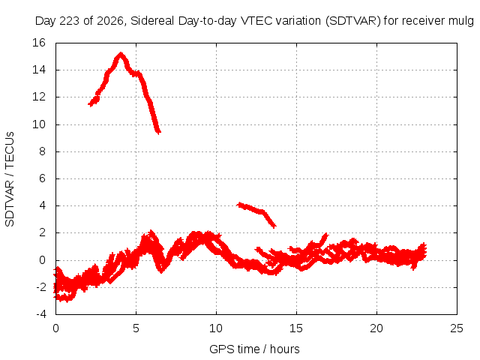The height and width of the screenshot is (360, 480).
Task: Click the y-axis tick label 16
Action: (39, 43)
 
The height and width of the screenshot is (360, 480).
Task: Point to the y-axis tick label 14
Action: (39, 70)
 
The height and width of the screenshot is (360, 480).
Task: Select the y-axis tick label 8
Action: (42, 151)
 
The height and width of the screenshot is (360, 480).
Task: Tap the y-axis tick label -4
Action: (40, 314)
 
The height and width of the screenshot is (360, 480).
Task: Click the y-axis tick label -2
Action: (40, 287)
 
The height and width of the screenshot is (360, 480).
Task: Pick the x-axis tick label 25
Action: (457, 328)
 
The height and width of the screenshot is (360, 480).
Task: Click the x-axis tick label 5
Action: (136, 328)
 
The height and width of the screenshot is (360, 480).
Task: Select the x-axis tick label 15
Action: (296, 328)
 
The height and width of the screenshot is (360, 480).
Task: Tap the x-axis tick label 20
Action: (376, 328)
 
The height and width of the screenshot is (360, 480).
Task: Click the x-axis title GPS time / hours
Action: (254, 349)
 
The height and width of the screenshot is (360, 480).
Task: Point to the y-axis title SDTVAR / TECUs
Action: (10, 179)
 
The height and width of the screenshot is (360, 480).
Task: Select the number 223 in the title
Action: (70, 21)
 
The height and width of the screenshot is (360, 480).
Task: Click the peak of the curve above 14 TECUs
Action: (121, 54)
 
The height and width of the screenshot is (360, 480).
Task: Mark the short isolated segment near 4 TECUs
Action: (256, 214)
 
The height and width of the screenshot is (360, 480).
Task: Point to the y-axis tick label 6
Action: (42, 178)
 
